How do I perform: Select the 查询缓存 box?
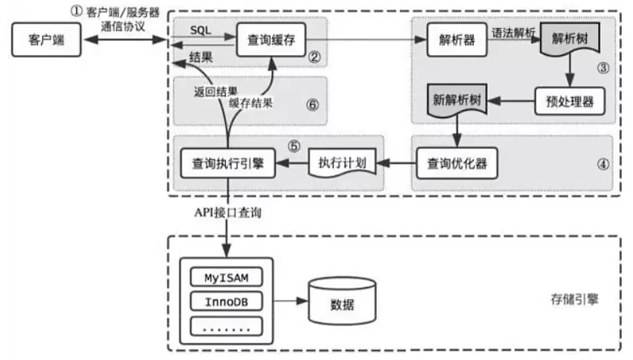click(270, 39)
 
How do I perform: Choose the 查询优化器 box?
click(456, 163)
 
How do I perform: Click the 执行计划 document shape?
click(342, 163)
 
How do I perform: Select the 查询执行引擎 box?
click(226, 163)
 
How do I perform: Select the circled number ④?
click(602, 163)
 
